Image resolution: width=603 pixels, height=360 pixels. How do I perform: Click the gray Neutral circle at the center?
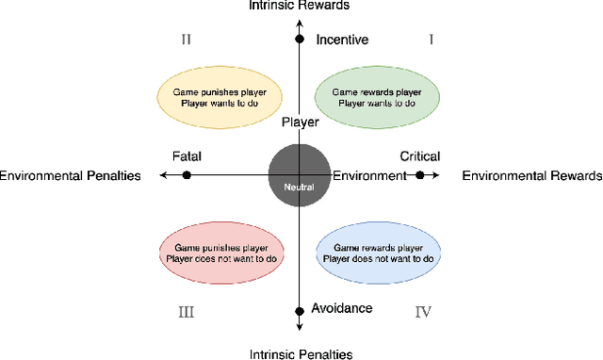[299, 174]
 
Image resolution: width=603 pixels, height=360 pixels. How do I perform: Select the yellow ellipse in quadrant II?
[219, 96]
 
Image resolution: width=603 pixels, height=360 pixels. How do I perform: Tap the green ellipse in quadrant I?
[376, 96]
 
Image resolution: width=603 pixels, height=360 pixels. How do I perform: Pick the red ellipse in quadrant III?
[220, 253]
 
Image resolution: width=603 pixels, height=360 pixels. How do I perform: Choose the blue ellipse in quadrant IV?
[376, 253]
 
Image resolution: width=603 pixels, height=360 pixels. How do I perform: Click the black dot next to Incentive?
[300, 40]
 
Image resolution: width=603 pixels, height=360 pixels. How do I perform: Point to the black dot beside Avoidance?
[300, 309]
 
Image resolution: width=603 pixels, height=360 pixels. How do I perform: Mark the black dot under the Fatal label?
[187, 175]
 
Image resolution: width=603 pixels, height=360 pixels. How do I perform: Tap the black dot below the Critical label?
[420, 175]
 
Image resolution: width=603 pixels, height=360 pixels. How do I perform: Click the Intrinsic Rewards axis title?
[299, 6]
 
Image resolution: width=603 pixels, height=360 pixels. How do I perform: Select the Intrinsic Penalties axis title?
[300, 354]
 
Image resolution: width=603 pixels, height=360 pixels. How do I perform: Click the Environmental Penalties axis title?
[71, 175]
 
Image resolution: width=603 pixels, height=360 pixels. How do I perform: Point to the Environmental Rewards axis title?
[532, 175]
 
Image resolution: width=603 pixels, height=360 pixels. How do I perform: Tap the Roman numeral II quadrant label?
[186, 40]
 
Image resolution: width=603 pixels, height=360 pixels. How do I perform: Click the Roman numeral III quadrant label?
[186, 311]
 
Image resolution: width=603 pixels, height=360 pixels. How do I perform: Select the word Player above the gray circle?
[301, 122]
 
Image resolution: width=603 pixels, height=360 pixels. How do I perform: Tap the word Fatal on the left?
[187, 156]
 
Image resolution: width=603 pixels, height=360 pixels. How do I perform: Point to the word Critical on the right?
[420, 156]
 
